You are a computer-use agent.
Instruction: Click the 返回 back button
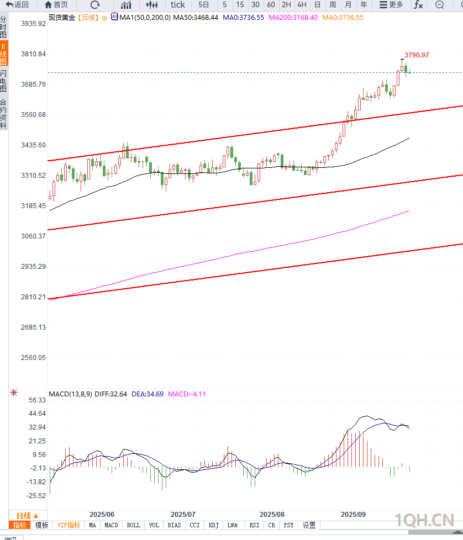(x=17, y=5)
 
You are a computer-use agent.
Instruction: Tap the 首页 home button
(x=56, y=5)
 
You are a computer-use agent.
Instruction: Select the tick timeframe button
(x=178, y=5)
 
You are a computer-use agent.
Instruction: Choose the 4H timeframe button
(x=302, y=5)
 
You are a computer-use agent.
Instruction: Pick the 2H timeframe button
(x=286, y=5)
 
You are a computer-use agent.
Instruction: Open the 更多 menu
(x=391, y=5)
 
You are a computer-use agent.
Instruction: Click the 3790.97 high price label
(x=417, y=55)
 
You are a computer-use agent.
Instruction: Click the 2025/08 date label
(x=271, y=514)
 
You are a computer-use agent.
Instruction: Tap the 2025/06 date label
(x=102, y=514)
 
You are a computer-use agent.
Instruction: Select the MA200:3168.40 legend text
(x=292, y=18)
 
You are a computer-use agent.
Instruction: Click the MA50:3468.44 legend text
(x=196, y=18)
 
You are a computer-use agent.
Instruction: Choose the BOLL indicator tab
(x=133, y=525)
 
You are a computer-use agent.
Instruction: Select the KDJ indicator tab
(x=213, y=525)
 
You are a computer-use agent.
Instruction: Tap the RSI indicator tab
(x=254, y=525)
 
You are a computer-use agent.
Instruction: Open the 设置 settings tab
(x=309, y=525)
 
